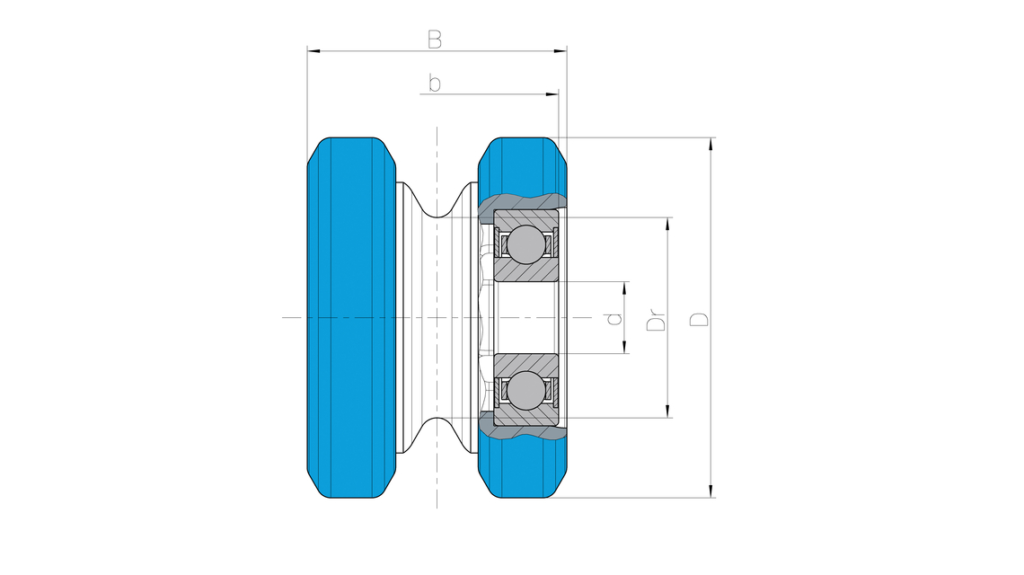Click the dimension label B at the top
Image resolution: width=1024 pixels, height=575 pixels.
tap(434, 40)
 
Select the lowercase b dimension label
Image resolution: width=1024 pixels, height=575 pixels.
tap(434, 83)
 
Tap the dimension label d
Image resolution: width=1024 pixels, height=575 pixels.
tap(614, 318)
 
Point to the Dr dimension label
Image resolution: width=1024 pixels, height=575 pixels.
tap(656, 320)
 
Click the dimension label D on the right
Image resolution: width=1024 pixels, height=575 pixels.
tap(699, 319)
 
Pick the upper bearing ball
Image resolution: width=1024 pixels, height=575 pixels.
tap(525, 244)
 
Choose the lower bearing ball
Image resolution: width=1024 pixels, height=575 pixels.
tap(525, 391)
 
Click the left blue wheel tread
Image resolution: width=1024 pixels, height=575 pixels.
tap(351, 317)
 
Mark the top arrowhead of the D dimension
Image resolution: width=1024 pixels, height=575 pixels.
tap(711, 145)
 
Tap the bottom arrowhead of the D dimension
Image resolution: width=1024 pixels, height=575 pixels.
tap(711, 491)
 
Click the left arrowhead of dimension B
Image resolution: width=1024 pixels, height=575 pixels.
tap(314, 50)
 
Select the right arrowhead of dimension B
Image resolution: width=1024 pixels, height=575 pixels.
tap(560, 50)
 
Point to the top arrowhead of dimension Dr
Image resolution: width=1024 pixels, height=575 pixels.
tap(668, 224)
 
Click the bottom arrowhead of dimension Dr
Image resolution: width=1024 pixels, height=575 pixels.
tap(668, 411)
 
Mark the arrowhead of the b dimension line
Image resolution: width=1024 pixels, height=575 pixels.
tap(552, 94)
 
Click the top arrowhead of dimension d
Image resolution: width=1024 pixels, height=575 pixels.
tap(626, 288)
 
